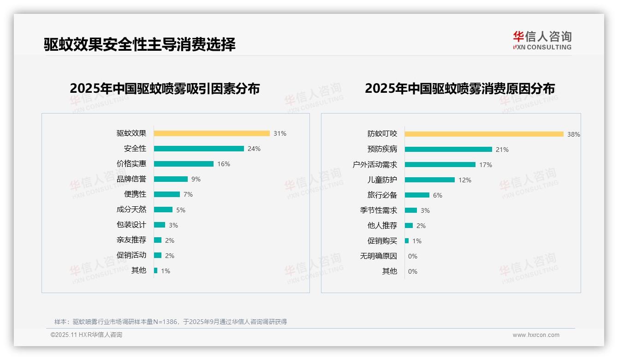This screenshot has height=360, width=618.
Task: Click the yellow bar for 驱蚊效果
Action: click(212, 133)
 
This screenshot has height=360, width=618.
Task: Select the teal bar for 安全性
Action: click(199, 149)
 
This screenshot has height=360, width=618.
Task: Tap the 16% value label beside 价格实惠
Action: click(224, 164)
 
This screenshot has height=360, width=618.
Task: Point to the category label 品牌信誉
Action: click(131, 179)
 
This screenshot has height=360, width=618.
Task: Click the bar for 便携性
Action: click(167, 194)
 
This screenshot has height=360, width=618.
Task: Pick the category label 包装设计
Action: click(131, 225)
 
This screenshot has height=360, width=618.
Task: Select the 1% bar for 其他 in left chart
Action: click(156, 270)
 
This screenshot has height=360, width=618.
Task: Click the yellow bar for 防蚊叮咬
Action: click(484, 134)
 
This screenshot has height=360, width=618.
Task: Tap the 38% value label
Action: click(574, 134)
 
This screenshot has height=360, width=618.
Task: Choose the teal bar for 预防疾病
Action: click(448, 150)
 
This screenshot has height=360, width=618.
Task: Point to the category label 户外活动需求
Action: click(375, 165)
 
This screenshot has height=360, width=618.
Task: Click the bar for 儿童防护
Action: click(430, 180)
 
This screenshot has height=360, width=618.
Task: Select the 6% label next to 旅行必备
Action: click(437, 195)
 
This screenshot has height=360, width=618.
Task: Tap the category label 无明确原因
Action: click(379, 256)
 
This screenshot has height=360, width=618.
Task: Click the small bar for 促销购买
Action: click(407, 241)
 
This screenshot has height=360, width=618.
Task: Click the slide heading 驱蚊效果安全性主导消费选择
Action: click(140, 44)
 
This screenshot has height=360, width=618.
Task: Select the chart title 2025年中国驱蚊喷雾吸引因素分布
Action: click(165, 89)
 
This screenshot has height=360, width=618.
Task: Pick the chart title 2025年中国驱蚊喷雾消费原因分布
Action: click(460, 89)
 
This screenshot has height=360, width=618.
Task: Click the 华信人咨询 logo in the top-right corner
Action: click(542, 40)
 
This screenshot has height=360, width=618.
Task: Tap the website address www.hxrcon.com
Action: click(536, 335)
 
